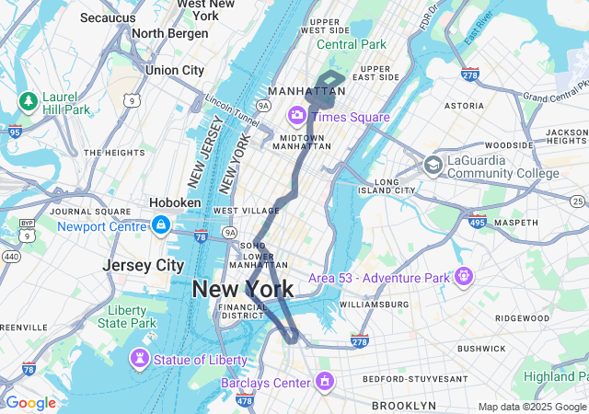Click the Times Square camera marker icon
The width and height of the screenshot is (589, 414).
click(297, 116)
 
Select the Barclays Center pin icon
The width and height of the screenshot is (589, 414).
click(324, 381)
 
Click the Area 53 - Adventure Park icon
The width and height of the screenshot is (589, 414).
click(463, 276)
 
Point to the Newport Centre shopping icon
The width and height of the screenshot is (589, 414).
click(161, 225)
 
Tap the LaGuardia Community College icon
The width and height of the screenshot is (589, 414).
click(432, 165)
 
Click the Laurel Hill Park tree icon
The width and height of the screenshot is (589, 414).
click(28, 99)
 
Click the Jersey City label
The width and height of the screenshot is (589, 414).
click(143, 265)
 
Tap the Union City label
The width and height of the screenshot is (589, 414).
click(175, 70)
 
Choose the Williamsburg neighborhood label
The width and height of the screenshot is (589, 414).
click(374, 304)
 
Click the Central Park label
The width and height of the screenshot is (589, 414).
click(351, 44)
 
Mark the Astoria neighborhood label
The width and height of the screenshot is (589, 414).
click(464, 106)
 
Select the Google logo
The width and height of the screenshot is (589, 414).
click(30, 403)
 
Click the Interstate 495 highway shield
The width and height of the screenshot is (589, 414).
click(477, 221)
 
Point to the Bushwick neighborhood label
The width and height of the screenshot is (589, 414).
click(481, 349)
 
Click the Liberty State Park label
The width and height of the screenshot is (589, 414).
click(127, 316)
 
